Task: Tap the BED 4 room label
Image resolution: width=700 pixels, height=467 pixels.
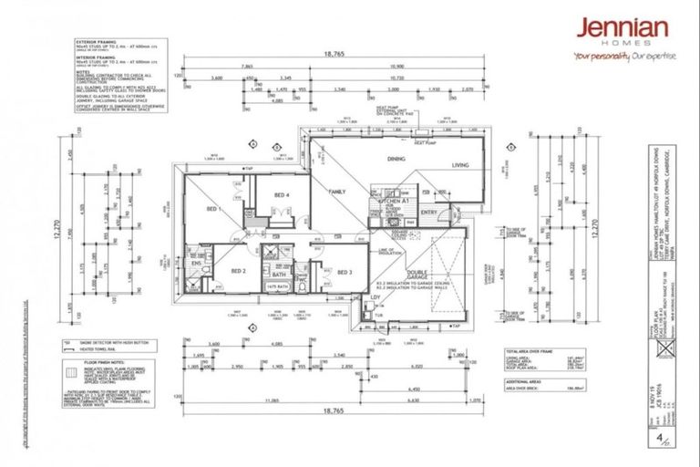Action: pos(282,195)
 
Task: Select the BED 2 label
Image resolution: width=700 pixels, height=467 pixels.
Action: pos(239,271)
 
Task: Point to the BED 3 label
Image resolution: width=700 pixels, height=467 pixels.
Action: pos(345,272)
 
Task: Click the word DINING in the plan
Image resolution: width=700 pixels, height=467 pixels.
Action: pos(396,160)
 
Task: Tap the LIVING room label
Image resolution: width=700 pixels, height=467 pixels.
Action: pos(456,165)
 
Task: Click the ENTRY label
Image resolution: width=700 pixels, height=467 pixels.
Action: pos(430,215)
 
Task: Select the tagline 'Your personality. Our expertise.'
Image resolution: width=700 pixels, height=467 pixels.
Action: pos(624,56)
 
